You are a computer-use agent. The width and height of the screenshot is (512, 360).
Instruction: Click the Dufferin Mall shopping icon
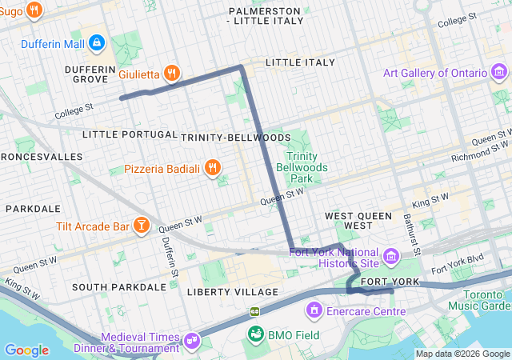click(x=96, y=42)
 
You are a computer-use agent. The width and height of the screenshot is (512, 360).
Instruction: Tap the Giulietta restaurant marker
click(x=171, y=74)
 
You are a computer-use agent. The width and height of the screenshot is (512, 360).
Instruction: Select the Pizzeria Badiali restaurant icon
click(x=212, y=168)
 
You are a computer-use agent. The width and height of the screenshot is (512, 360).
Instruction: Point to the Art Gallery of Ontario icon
click(x=498, y=74)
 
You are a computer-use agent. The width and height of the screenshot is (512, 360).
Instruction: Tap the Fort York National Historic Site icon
click(x=390, y=257)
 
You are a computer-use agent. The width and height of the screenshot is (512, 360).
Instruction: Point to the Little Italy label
click(x=300, y=62)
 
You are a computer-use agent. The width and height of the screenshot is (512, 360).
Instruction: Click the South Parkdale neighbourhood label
click(x=118, y=286)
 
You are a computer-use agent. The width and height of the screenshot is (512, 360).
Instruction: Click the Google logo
click(x=26, y=350)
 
